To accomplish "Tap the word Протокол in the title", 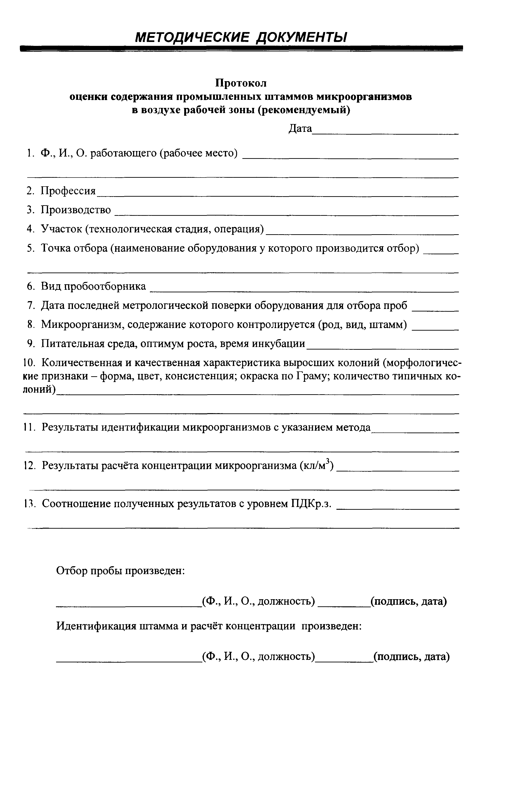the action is (241, 83).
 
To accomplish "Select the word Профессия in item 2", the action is (68, 191).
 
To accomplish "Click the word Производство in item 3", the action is (76, 210).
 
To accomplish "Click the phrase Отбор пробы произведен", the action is (120, 570).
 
